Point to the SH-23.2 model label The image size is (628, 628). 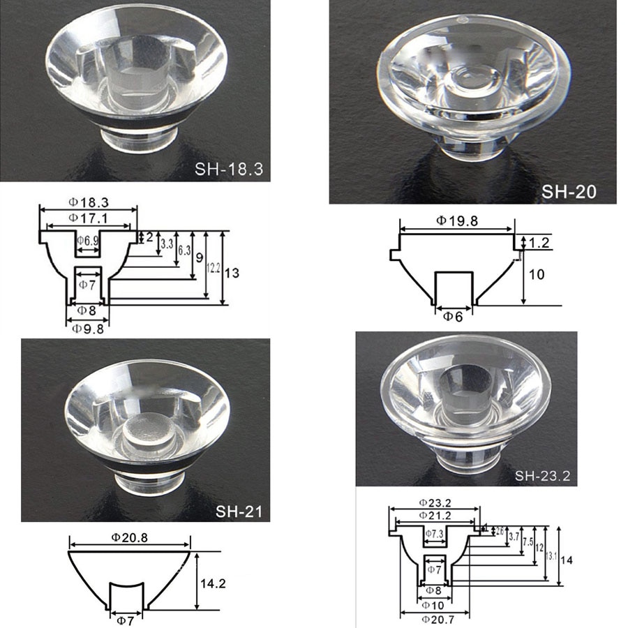click(x=542, y=477)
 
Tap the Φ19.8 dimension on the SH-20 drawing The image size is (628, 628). click(x=456, y=220)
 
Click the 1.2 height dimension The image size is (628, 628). click(x=540, y=243)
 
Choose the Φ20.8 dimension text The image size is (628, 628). click(x=129, y=537)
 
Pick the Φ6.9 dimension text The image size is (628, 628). click(x=88, y=241)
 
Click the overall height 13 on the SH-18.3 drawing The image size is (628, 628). click(x=232, y=273)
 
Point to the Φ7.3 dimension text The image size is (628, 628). click(x=434, y=534)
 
